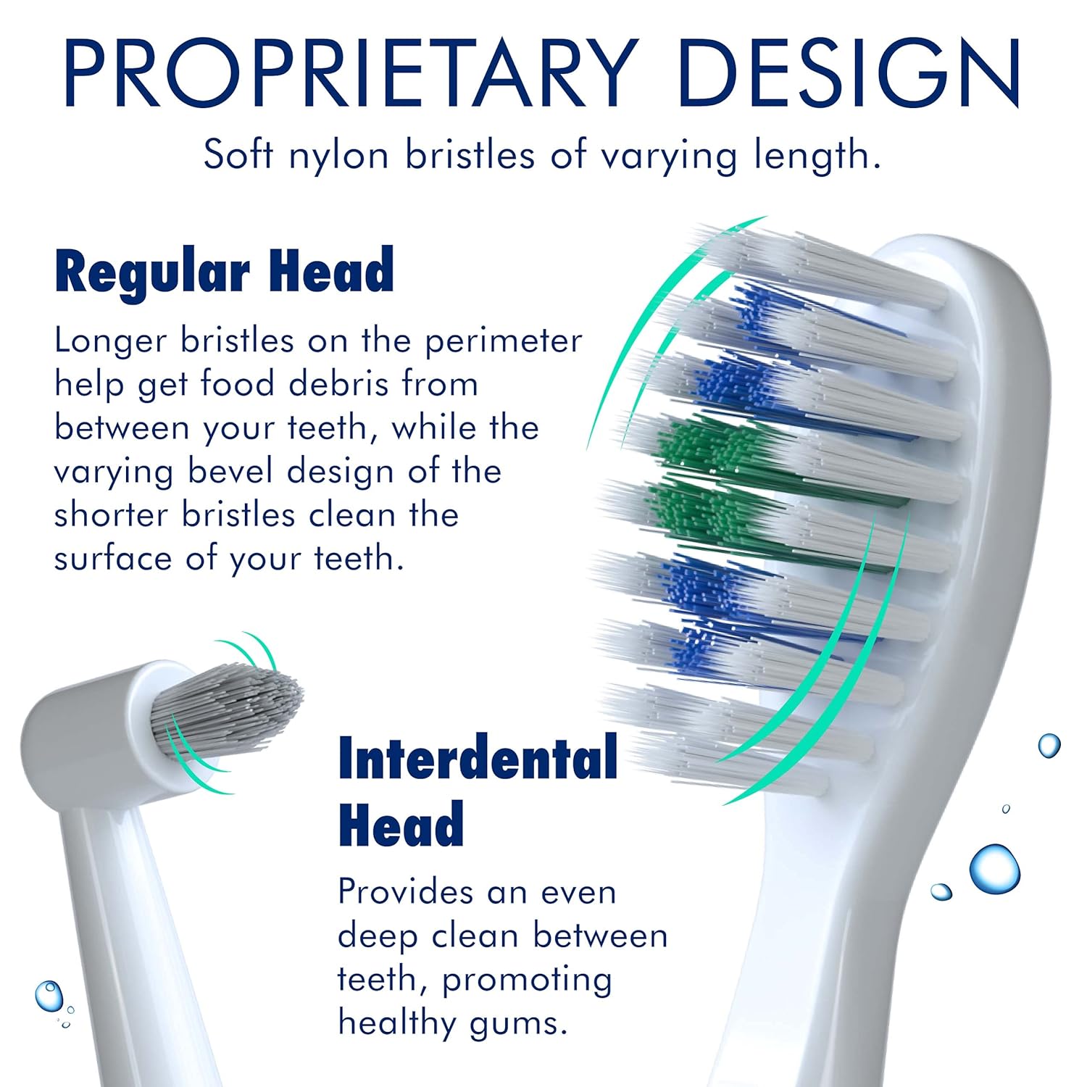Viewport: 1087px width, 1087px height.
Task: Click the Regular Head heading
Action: (225, 271)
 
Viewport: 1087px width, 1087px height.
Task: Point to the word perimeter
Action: (503, 341)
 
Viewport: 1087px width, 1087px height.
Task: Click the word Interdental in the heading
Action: (478, 758)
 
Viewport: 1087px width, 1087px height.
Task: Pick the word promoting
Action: (527, 980)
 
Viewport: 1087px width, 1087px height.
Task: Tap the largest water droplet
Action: (994, 868)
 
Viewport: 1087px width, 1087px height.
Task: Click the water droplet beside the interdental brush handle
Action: (49, 996)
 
